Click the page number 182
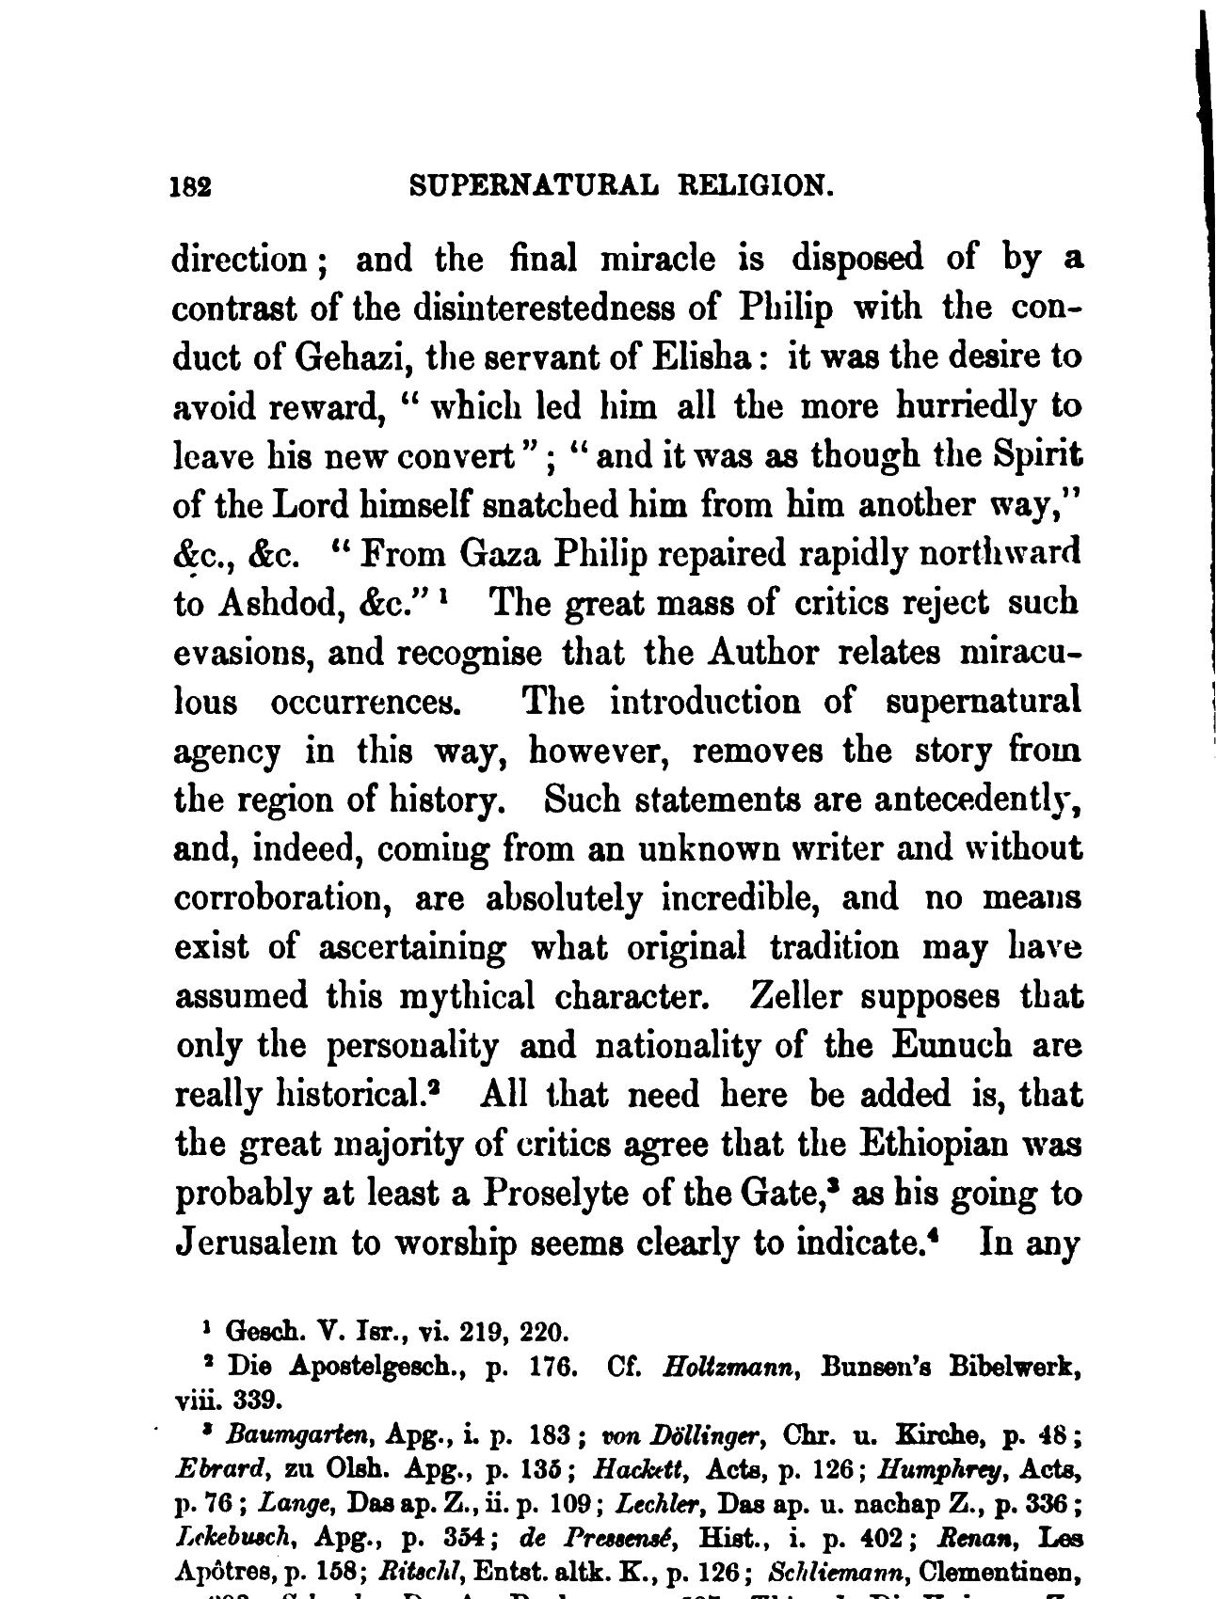(189, 185)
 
